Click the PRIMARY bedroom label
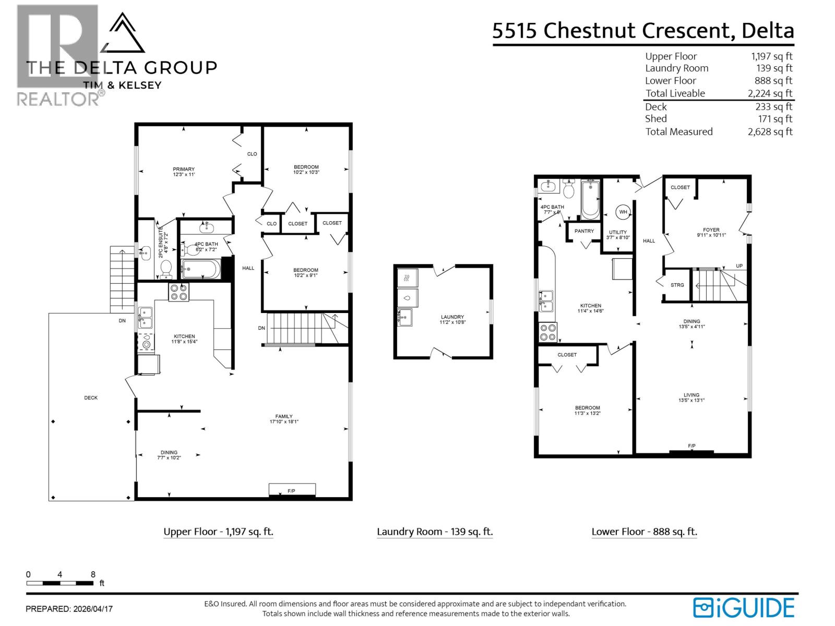[184, 169]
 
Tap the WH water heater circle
[623, 212]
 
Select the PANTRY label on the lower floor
[584, 231]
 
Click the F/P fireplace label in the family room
[291, 491]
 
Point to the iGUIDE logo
[744, 608]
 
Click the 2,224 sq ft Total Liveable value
[770, 93]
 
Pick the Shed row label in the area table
[655, 119]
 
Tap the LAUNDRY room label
[452, 317]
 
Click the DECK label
[91, 398]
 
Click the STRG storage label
[677, 285]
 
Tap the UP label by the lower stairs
[739, 266]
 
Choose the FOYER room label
[711, 230]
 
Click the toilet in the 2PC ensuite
[166, 268]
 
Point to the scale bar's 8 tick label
[93, 574]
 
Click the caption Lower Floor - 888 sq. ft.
[644, 532]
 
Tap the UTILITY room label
[618, 232]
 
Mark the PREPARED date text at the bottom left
[69, 609]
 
